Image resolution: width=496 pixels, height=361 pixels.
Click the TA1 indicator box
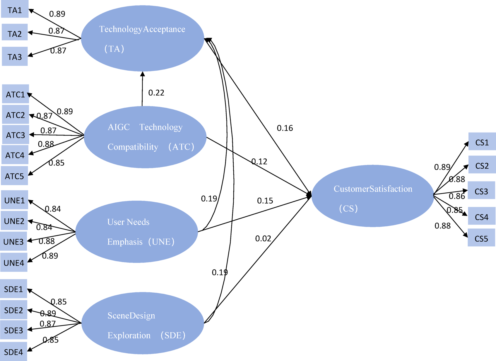(15, 10)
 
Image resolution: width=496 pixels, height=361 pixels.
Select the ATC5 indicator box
(14, 176)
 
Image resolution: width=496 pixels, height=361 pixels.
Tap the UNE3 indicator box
(13, 242)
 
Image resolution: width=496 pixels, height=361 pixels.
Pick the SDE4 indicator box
(13, 352)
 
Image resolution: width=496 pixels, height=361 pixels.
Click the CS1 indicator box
(482, 142)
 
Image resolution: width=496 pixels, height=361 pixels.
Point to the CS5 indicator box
(481, 238)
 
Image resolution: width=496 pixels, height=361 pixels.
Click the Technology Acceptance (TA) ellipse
(142, 38)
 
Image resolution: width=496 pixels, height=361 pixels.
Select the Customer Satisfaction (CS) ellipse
(372, 196)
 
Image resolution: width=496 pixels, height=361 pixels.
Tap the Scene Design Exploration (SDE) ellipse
(142, 323)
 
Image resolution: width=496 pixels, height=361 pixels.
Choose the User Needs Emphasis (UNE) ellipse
(136, 232)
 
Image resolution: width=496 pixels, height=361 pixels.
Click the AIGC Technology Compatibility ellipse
(145, 137)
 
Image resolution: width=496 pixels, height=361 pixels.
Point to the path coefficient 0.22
(156, 93)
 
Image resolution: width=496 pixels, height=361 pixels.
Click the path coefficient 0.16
(285, 128)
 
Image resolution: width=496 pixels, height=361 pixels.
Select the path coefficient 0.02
(263, 238)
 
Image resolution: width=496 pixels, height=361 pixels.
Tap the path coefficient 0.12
(259, 161)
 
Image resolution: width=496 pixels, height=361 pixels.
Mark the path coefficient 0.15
(265, 201)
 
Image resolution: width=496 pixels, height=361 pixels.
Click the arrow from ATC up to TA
(142, 88)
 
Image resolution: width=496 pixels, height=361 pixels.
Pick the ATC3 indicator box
(16, 135)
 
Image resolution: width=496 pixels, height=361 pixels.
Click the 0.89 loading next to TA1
(57, 14)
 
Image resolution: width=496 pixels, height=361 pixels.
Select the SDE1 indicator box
(13, 289)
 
